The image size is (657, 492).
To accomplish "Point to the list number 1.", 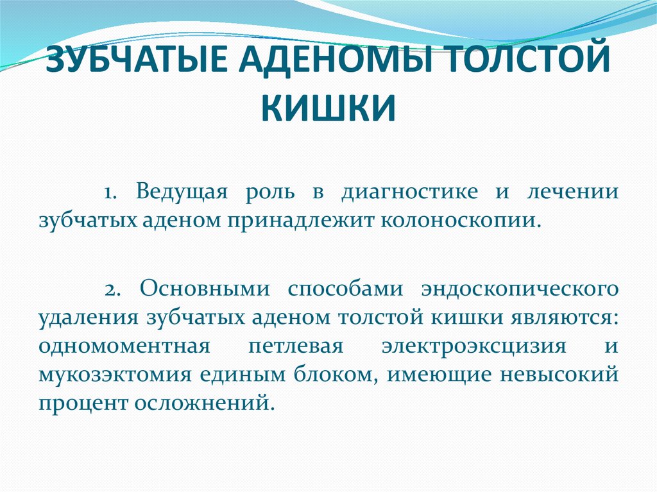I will click(x=110, y=192).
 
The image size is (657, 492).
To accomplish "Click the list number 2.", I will click(x=112, y=288).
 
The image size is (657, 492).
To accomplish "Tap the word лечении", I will click(x=572, y=192).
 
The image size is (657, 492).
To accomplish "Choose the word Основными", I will click(x=205, y=288).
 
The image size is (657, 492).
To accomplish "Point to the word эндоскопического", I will click(x=520, y=288).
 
